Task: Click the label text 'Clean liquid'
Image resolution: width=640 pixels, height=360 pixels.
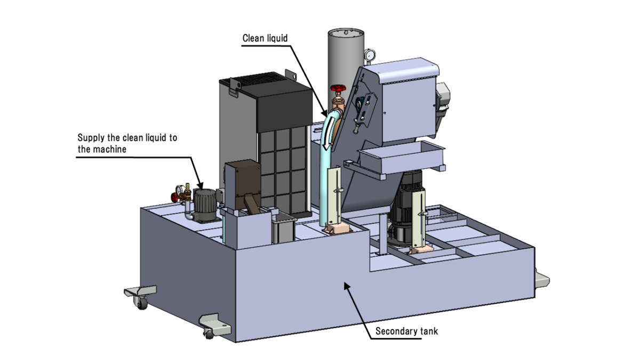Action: pyautogui.click(x=265, y=38)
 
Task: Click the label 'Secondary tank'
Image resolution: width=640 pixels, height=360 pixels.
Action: pyautogui.click(x=406, y=331)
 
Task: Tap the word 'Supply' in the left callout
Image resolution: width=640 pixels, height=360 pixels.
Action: pyautogui.click(x=91, y=138)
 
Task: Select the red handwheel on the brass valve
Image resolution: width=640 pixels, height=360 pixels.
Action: pyautogui.click(x=336, y=89)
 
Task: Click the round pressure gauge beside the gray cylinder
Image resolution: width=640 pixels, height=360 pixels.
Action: pyautogui.click(x=370, y=54)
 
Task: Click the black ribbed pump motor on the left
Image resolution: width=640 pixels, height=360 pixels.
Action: pyautogui.click(x=204, y=204)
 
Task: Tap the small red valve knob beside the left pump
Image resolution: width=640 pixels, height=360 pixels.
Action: pyautogui.click(x=174, y=197)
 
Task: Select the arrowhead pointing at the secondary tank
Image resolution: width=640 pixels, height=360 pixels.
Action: pyautogui.click(x=347, y=286)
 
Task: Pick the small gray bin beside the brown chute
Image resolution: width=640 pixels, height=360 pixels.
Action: pyautogui.click(x=284, y=228)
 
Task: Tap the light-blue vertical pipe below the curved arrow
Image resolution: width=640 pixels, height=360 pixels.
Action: pyautogui.click(x=325, y=187)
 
